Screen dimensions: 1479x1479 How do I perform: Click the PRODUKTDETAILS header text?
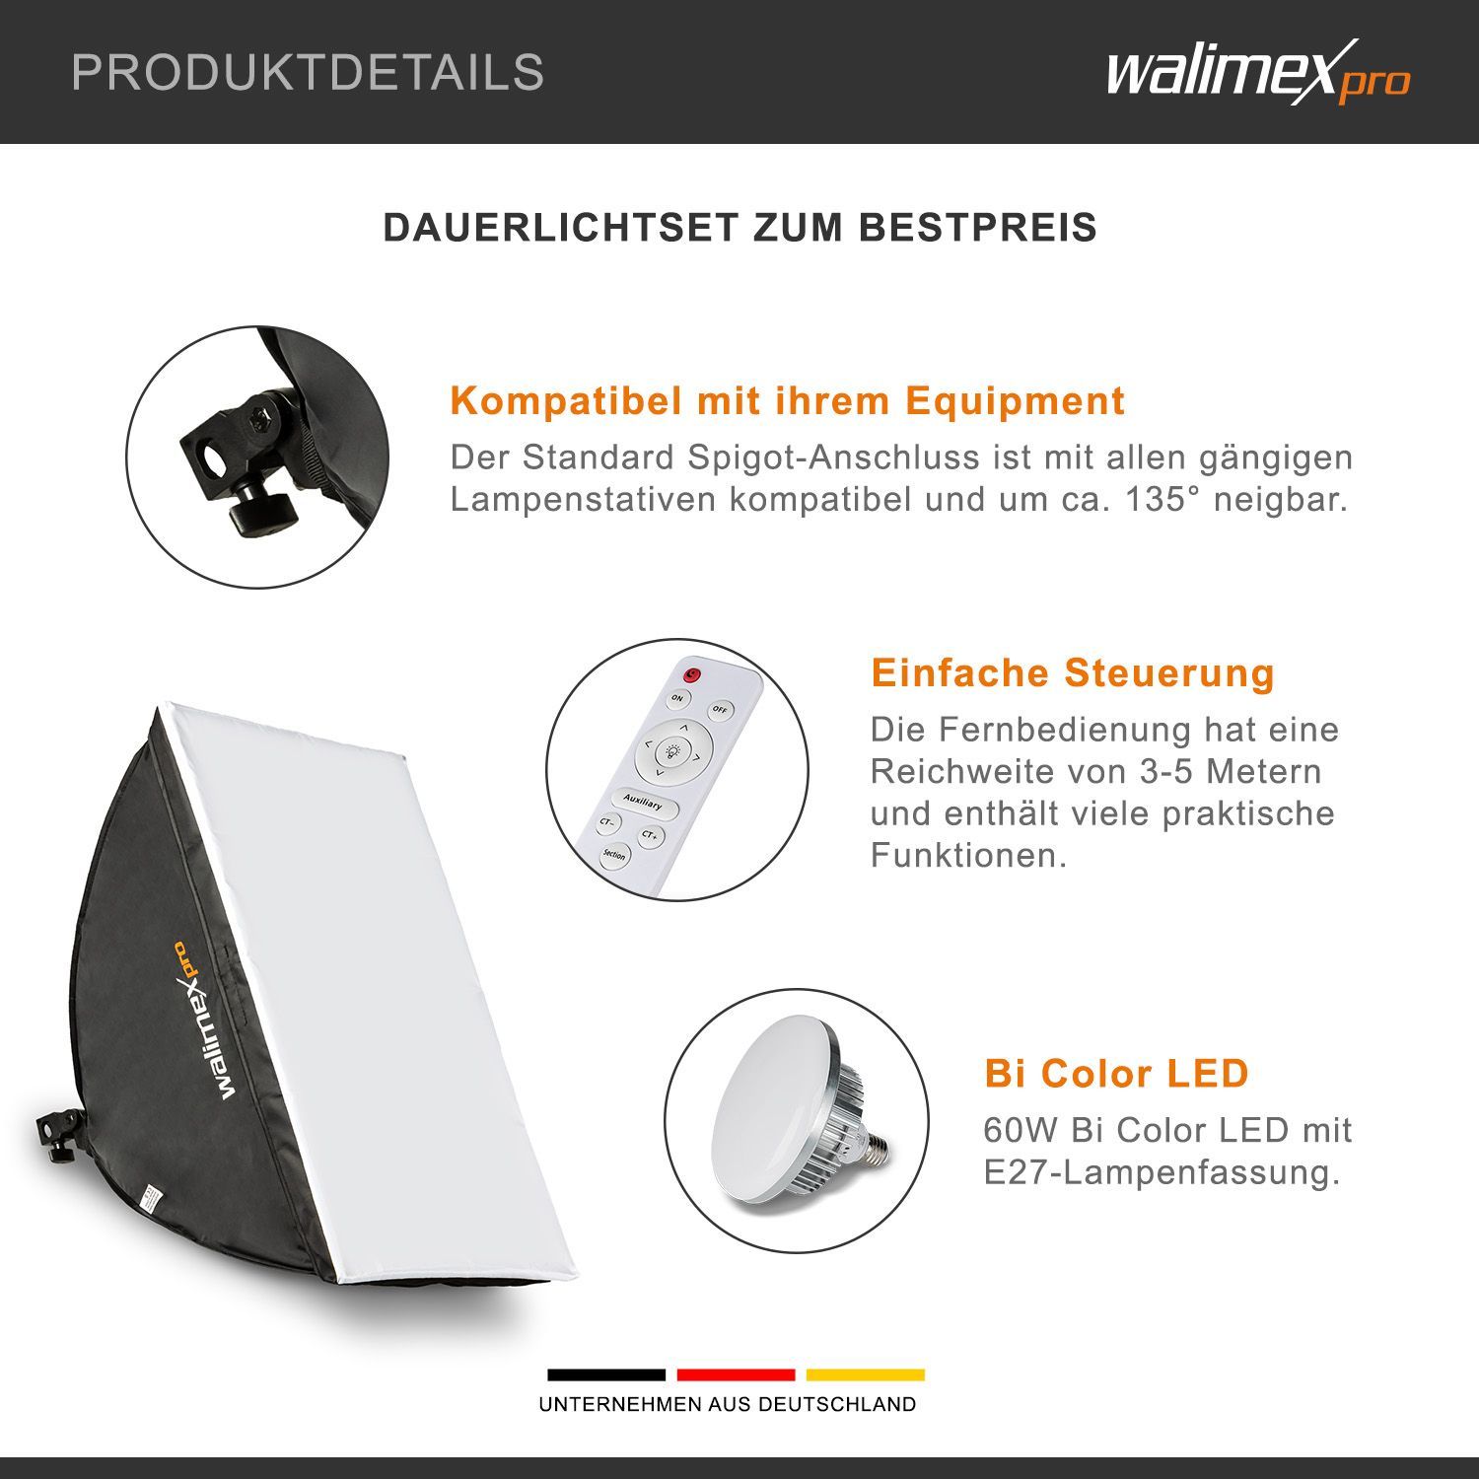(308, 73)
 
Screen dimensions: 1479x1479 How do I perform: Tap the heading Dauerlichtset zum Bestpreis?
(739, 228)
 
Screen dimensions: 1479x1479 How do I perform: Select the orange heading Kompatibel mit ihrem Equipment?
(787, 401)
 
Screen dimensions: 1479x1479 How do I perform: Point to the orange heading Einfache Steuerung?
(1073, 673)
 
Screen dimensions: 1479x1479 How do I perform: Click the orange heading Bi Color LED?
(1116, 1073)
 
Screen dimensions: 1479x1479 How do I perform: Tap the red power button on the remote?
(692, 675)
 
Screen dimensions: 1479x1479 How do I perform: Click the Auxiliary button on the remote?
(643, 803)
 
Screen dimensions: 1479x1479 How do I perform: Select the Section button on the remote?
(614, 855)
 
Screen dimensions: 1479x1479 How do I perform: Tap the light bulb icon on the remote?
(674, 749)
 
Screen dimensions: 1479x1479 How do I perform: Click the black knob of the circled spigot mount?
(260, 514)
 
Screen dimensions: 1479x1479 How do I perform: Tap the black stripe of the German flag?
(606, 1374)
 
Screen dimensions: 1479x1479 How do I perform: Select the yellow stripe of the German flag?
(866, 1374)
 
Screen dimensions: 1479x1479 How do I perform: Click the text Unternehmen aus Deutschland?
(728, 1404)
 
